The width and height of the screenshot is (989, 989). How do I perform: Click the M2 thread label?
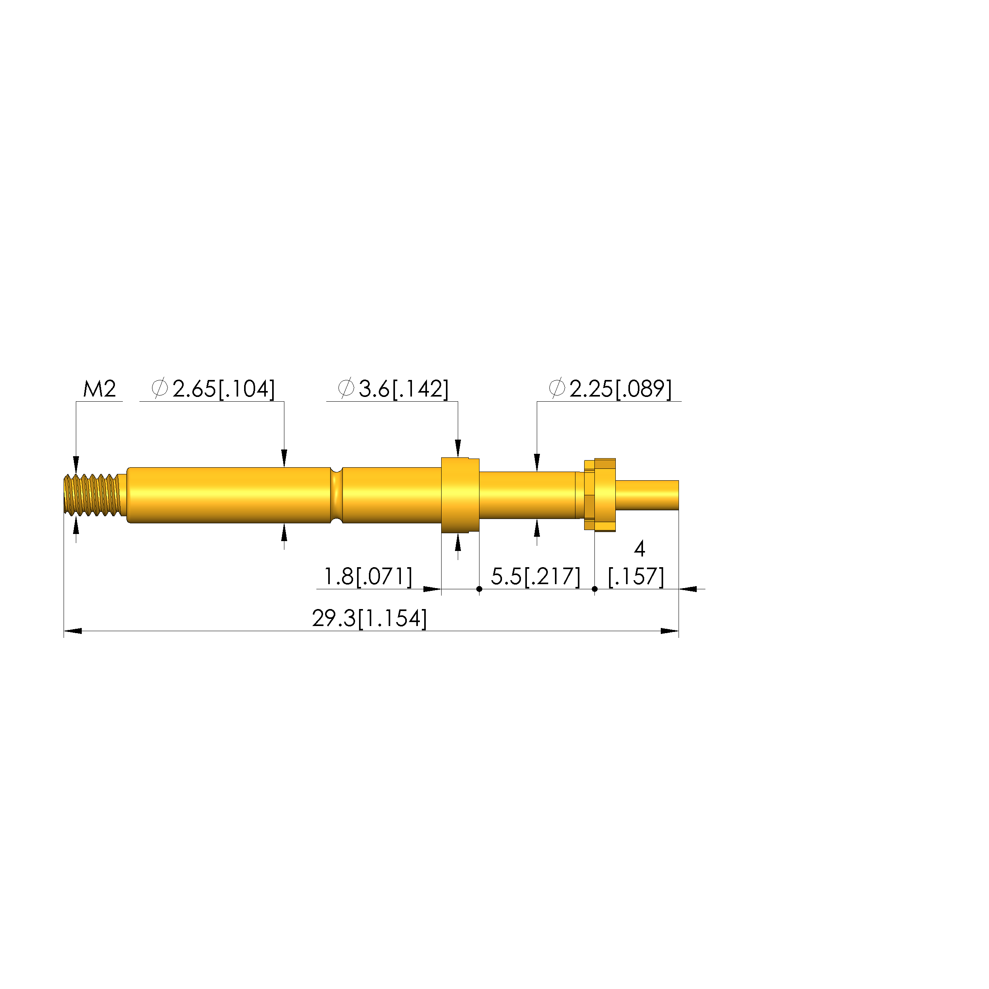click(100, 389)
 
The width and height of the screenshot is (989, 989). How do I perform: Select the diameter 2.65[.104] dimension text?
click(213, 389)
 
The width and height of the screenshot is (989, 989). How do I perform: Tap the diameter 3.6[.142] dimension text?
click(393, 389)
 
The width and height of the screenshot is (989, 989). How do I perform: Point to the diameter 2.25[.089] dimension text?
click(610, 389)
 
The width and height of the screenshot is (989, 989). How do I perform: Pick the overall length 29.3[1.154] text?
click(369, 619)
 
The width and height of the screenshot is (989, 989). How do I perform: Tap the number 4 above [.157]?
click(639, 549)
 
